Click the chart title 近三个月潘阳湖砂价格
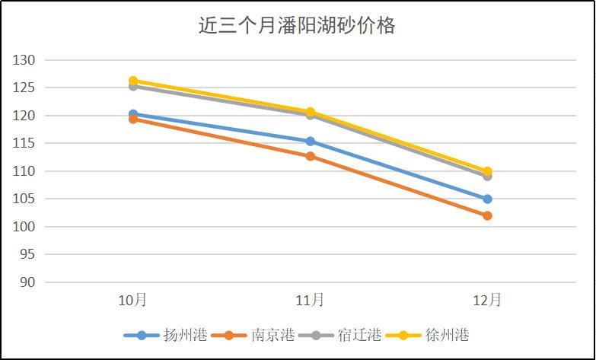pyautogui.click(x=297, y=26)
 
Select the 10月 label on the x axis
pyautogui.click(x=133, y=300)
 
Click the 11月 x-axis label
pyautogui.click(x=310, y=300)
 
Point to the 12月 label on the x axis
pyautogui.click(x=487, y=300)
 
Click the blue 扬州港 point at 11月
pyautogui.click(x=310, y=142)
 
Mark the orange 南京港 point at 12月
pyautogui.click(x=487, y=215)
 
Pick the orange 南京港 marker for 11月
pyautogui.click(x=310, y=156)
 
